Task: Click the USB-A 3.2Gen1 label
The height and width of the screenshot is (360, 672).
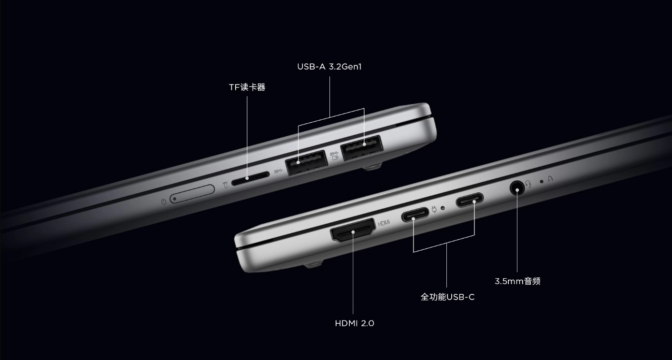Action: tap(329, 67)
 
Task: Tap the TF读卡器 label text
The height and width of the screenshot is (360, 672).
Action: tap(247, 87)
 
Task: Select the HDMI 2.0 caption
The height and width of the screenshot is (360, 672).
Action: tap(354, 323)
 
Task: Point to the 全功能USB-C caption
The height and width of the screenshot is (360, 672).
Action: tap(448, 297)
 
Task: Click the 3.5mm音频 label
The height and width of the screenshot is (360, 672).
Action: tap(517, 281)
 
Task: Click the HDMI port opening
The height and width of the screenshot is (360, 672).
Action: tap(353, 230)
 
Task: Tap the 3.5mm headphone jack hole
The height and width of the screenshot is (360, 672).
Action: tap(517, 188)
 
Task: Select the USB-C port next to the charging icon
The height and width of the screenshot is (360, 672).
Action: tap(415, 214)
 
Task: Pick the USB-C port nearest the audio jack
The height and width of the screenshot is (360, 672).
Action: tap(470, 200)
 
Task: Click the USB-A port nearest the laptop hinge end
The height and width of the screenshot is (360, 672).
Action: tap(362, 147)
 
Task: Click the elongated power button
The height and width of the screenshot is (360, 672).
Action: tap(192, 194)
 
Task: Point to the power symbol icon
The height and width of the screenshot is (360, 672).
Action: tap(163, 202)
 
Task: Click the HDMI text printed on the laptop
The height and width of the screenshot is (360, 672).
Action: tap(384, 223)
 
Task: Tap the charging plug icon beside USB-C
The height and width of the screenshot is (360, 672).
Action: tap(434, 209)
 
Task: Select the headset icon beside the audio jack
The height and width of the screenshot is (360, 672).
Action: tap(529, 184)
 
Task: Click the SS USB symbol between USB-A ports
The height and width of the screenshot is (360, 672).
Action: tap(334, 156)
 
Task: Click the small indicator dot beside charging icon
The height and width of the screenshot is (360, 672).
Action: tap(443, 208)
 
